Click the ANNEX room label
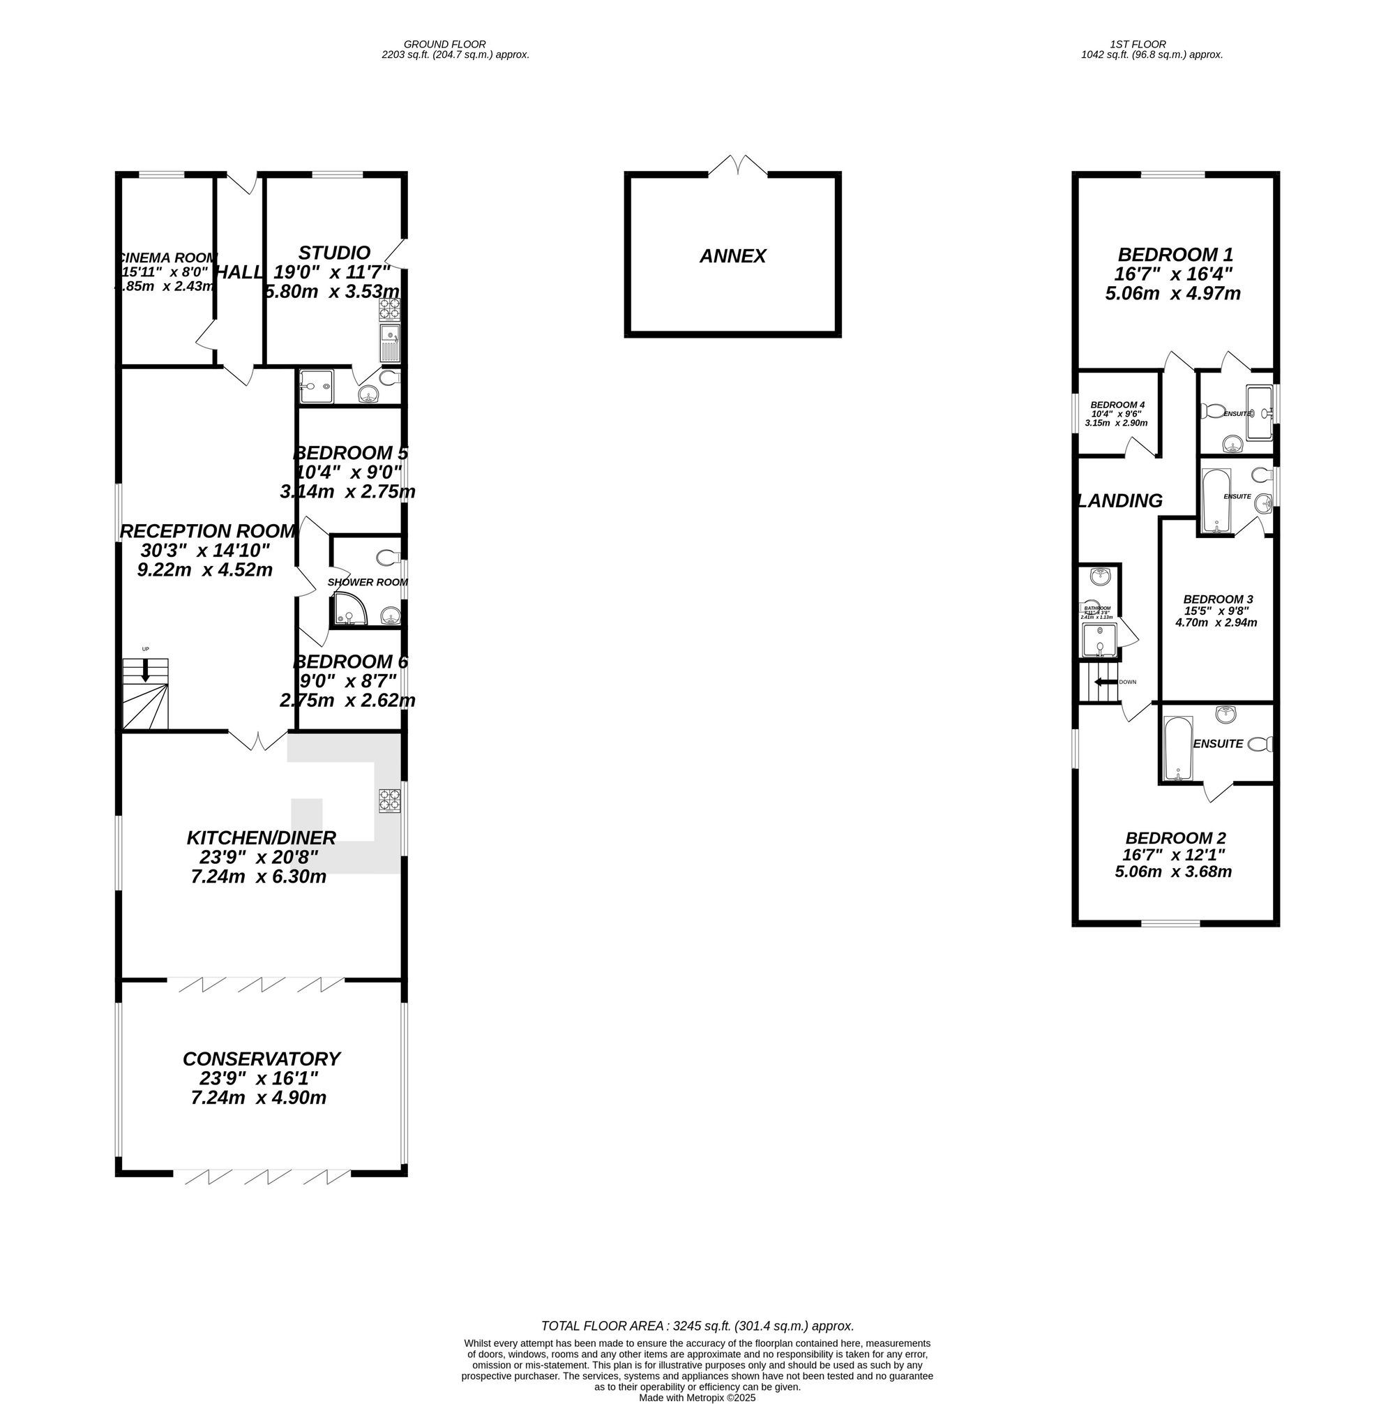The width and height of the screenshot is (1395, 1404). [x=732, y=257]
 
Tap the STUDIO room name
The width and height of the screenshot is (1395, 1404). [x=334, y=253]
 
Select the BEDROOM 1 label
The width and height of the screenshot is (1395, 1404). [x=1175, y=255]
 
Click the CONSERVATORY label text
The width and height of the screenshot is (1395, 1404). [x=261, y=1059]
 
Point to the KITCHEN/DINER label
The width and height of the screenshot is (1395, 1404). [x=261, y=838]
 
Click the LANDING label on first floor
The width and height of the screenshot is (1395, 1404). [x=1121, y=501]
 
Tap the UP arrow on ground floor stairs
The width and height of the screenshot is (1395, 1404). [x=145, y=670]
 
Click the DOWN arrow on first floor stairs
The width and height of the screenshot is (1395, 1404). [x=1105, y=682]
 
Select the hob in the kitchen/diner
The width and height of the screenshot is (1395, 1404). [x=389, y=801]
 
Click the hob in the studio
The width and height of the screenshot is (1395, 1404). [x=389, y=311]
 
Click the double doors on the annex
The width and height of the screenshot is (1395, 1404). [x=738, y=165]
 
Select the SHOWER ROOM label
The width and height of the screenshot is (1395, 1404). [x=367, y=582]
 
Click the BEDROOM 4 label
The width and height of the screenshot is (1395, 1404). [x=1117, y=405]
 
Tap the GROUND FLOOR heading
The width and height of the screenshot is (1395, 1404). [x=445, y=45]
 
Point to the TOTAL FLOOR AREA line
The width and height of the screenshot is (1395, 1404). [x=697, y=1327]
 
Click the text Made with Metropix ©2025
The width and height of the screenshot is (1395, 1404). [x=697, y=1398]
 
